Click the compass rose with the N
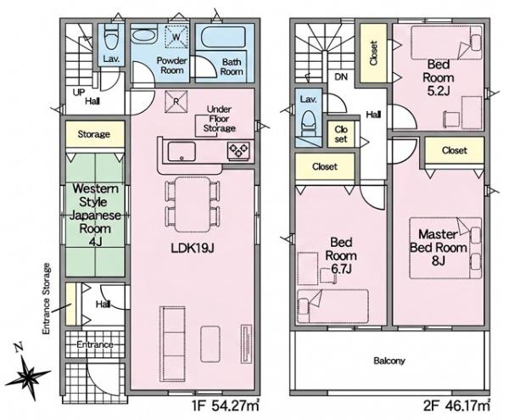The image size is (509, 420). (28, 373)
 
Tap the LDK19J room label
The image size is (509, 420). (193, 249)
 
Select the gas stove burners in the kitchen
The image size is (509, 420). (239, 151)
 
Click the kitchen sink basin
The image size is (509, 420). (182, 152)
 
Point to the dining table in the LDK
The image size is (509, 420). (193, 204)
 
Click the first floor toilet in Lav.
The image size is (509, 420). (112, 40)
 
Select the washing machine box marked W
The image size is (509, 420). (176, 36)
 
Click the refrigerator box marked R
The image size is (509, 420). (176, 101)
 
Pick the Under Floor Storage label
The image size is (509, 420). (220, 119)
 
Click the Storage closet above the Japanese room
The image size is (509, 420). (95, 134)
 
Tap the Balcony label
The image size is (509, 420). (389, 361)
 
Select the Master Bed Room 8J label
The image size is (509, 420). (439, 247)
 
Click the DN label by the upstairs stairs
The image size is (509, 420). (341, 77)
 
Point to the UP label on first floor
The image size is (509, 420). (79, 92)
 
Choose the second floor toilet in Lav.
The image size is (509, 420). (308, 124)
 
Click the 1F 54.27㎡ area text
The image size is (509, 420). (227, 406)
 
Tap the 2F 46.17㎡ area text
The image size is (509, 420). (456, 406)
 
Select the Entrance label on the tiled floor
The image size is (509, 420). (95, 344)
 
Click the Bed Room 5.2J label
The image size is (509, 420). (439, 77)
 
